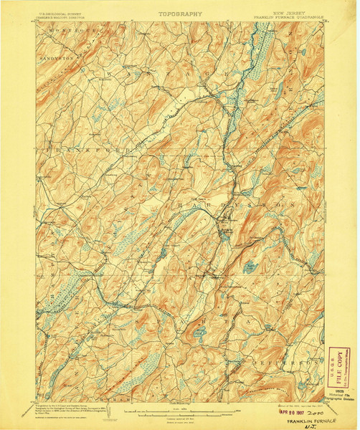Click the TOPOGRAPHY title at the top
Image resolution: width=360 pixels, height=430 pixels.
180,14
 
